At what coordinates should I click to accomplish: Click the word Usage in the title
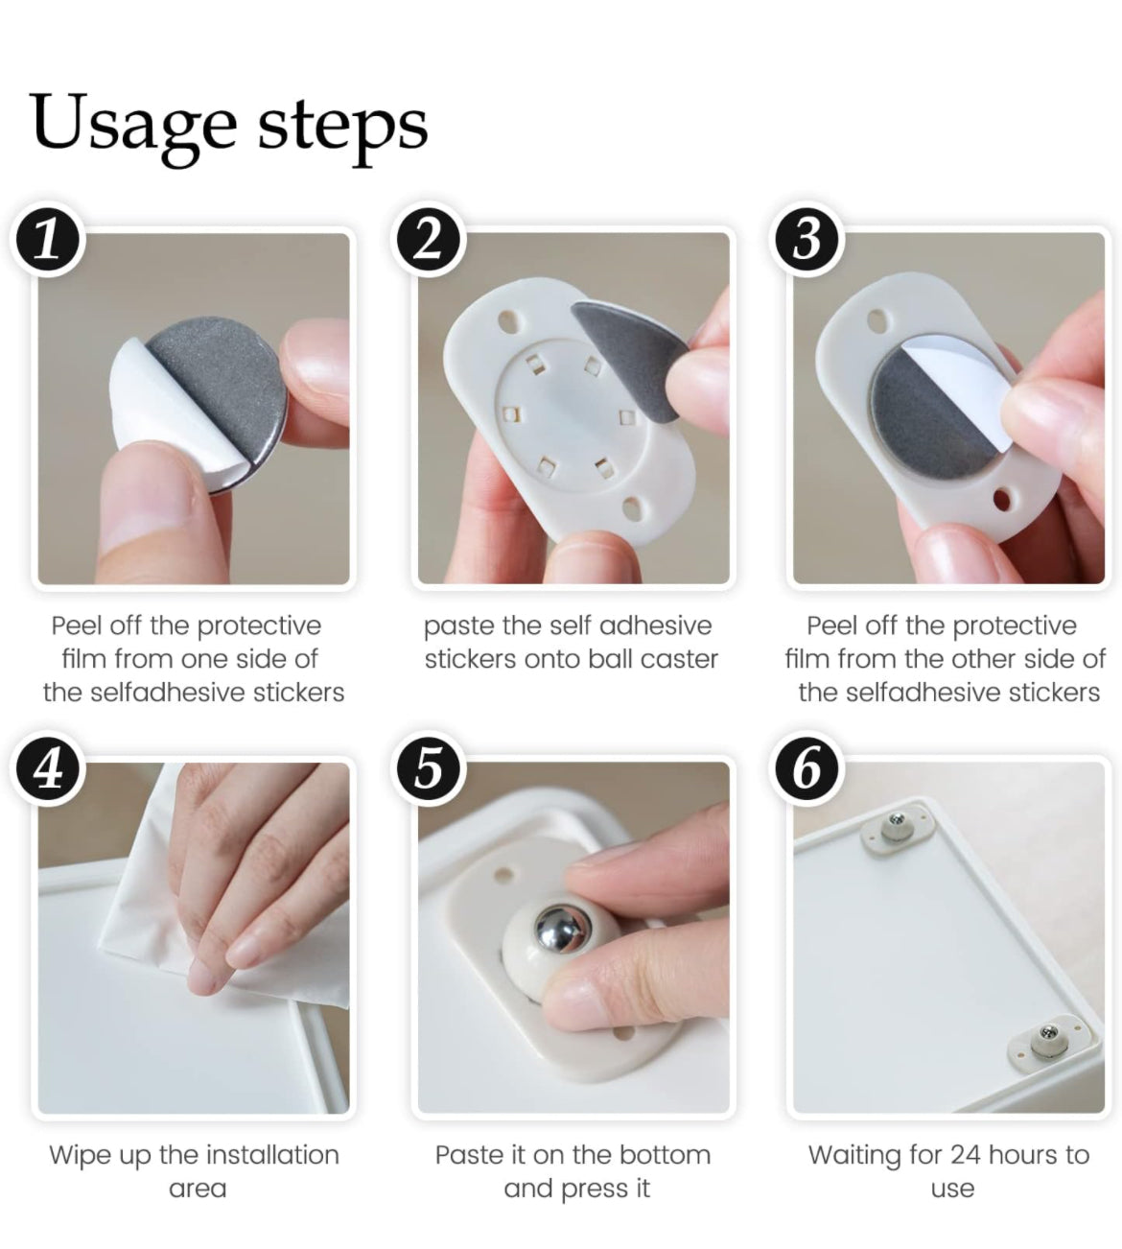[133, 124]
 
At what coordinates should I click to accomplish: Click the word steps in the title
[342, 127]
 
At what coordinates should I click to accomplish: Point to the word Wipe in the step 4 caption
[81, 1156]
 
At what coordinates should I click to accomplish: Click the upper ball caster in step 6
[897, 829]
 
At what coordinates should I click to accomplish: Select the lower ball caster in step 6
[1047, 1041]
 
